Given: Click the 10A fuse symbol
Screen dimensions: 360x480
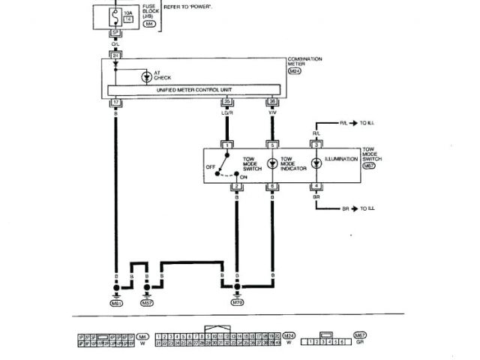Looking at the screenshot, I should [x=116, y=14].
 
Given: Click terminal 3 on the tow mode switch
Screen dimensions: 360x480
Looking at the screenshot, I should [x=316, y=144].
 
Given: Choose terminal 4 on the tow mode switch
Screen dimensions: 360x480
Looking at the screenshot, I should [x=316, y=185].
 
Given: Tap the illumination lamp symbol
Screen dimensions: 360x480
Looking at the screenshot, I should [x=316, y=161].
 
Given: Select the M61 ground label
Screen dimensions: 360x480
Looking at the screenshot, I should [x=116, y=303].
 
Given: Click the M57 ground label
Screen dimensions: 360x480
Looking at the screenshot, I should [x=147, y=303].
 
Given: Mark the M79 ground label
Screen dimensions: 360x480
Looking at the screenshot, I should [x=237, y=303].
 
